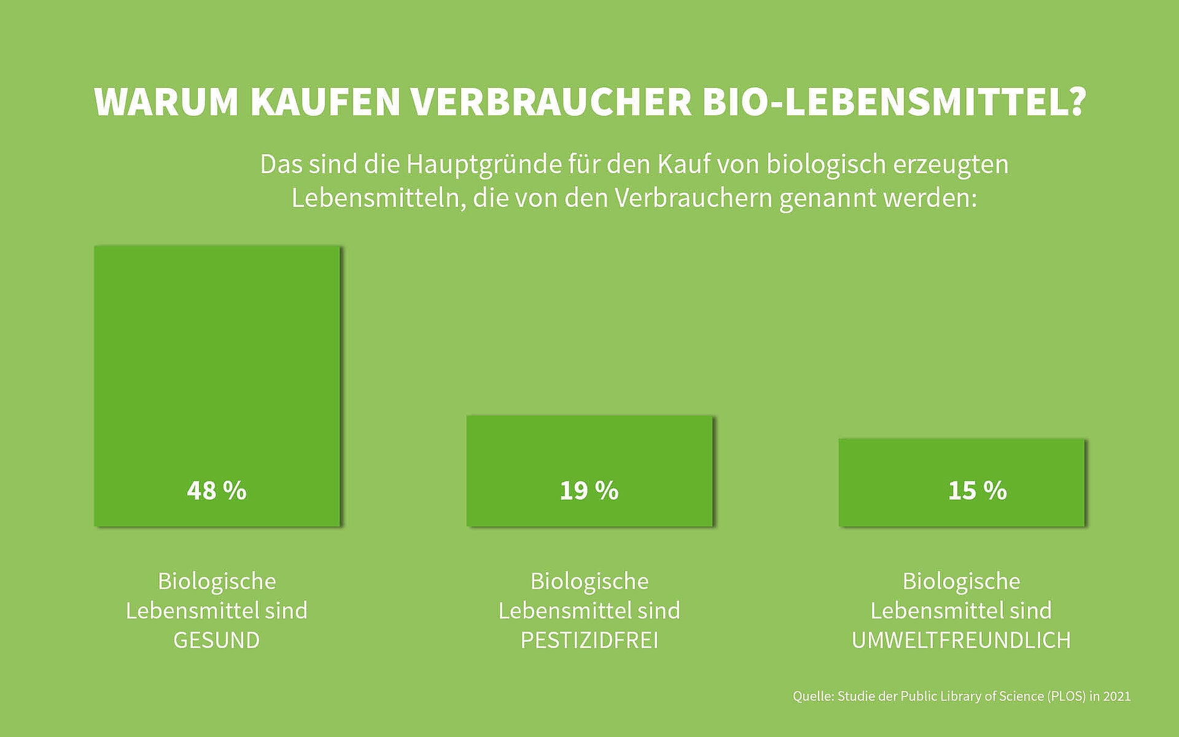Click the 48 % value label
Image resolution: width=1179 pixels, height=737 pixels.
click(x=216, y=491)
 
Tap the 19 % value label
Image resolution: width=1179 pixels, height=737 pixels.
click(x=589, y=491)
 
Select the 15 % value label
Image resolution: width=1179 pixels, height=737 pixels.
click(x=977, y=491)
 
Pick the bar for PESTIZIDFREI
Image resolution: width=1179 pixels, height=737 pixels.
click(x=589, y=448)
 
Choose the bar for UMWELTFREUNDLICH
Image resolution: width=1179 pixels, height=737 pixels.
click(x=962, y=461)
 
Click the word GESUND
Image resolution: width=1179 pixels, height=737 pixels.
click(x=216, y=641)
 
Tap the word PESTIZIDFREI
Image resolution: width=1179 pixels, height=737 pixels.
click(x=589, y=641)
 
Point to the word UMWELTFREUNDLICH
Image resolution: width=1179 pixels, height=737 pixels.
click(x=961, y=641)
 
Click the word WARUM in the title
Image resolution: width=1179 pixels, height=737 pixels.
click(x=166, y=102)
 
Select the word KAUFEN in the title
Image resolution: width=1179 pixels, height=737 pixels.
click(x=325, y=102)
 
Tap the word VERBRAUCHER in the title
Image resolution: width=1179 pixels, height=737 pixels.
click(x=551, y=102)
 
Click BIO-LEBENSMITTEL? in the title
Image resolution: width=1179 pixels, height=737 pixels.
click(x=894, y=102)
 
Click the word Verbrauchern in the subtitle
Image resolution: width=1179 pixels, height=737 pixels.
click(x=693, y=198)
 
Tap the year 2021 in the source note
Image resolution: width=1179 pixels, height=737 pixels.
click(x=1116, y=696)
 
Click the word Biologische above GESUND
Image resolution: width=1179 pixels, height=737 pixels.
click(x=217, y=581)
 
